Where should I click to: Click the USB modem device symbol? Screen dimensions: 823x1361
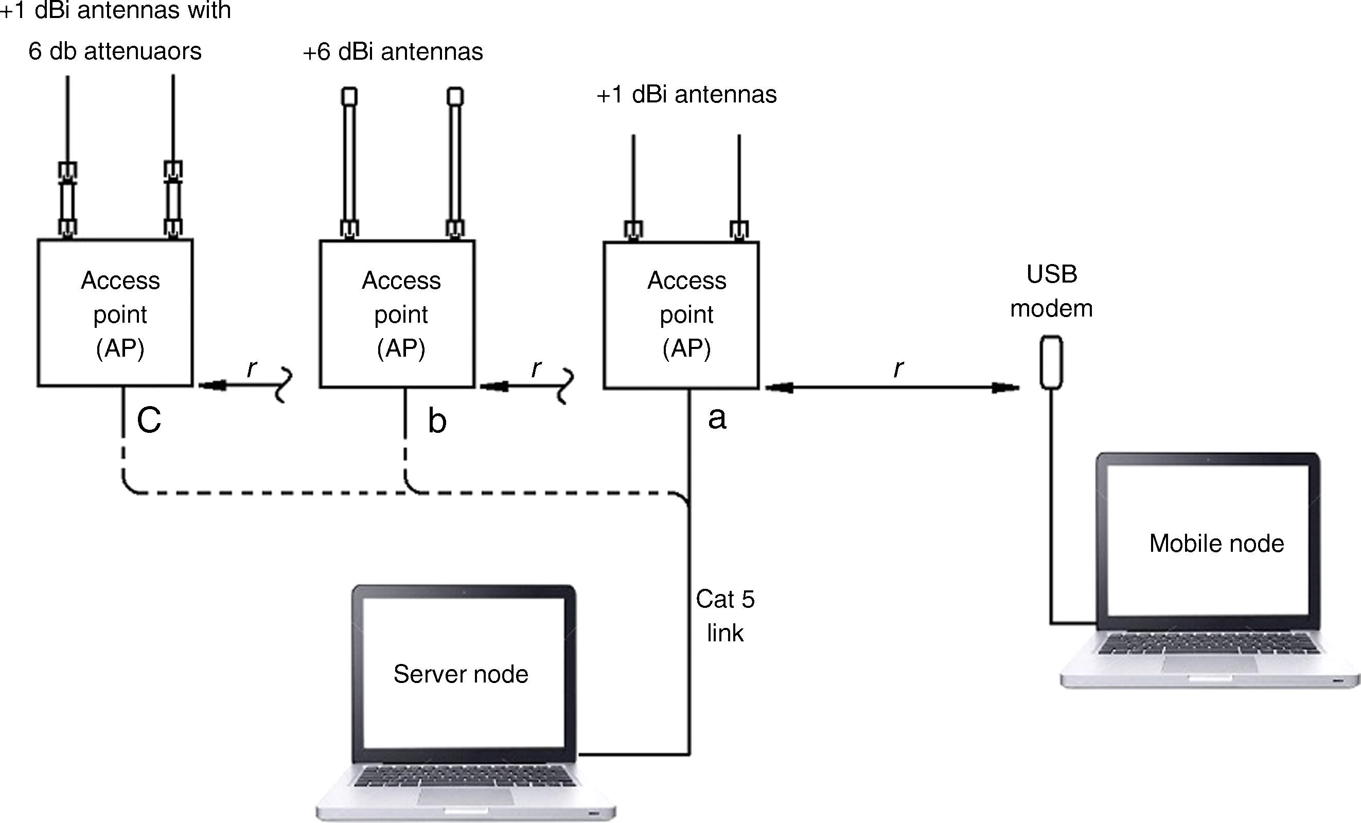(1051, 362)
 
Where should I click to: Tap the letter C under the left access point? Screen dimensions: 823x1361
(149, 421)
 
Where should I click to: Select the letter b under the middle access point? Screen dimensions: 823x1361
(437, 422)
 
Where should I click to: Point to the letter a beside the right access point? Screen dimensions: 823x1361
(716, 418)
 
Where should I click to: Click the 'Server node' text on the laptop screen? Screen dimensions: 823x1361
(461, 674)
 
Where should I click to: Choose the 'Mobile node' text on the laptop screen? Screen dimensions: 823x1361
(1216, 544)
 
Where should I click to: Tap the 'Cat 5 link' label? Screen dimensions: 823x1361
(724, 615)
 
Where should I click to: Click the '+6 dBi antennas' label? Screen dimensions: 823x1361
(393, 52)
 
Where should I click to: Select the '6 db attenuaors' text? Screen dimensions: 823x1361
(115, 51)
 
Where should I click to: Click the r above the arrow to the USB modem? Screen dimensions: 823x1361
(898, 368)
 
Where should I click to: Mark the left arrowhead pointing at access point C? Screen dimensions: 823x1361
(213, 385)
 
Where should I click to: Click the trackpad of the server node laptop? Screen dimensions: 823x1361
(465, 796)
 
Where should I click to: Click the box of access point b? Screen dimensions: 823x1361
(397, 314)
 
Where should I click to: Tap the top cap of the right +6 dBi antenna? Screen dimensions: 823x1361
(454, 96)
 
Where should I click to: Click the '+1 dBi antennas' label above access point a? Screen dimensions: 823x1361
(686, 95)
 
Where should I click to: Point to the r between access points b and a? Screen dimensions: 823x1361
(536, 369)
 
